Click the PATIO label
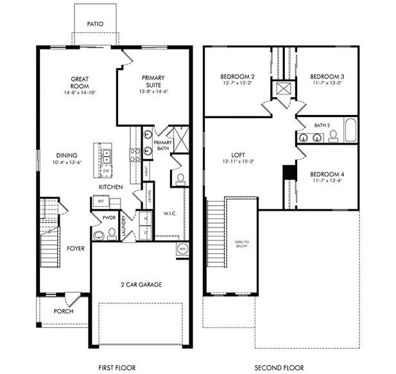click(95, 24)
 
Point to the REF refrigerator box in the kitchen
click(101, 201)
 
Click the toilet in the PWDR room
click(97, 236)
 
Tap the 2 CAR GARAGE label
click(141, 284)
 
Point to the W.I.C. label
click(170, 213)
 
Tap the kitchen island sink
click(107, 154)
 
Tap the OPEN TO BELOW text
click(241, 245)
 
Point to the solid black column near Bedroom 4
click(289, 173)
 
